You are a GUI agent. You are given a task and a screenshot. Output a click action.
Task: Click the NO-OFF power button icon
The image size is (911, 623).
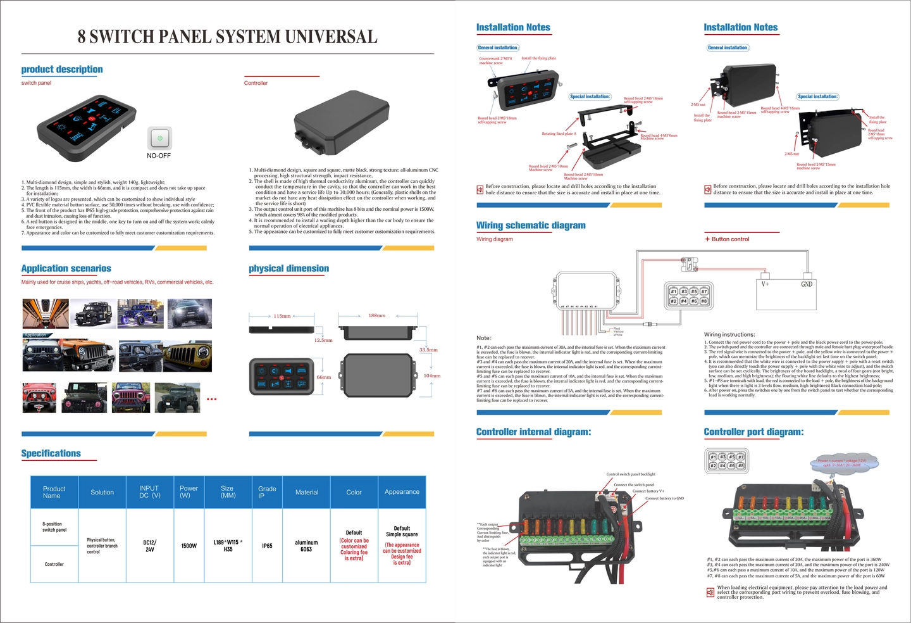tap(159, 137)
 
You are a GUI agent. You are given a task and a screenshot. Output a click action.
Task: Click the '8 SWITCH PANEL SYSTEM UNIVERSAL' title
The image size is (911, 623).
tap(227, 37)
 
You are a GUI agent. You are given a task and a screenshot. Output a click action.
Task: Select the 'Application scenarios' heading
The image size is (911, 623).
tap(66, 268)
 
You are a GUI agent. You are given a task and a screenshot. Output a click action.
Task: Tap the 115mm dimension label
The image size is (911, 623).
tap(282, 316)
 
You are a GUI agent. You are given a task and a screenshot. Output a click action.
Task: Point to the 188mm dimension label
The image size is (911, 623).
tap(377, 315)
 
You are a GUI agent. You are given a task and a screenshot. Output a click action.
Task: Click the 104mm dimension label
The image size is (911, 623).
tap(432, 376)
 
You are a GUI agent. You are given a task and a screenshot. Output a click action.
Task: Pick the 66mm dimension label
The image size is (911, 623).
tap(324, 377)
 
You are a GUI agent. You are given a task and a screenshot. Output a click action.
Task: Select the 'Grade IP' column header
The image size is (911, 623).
tap(267, 492)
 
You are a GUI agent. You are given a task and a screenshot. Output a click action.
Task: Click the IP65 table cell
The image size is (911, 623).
tap(267, 546)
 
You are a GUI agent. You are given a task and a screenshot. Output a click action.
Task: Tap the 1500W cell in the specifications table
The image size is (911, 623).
tap(189, 546)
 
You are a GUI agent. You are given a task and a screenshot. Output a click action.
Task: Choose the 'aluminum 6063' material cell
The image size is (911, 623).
tap(306, 546)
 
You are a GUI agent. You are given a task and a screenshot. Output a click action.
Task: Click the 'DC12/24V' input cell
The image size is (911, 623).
tap(149, 546)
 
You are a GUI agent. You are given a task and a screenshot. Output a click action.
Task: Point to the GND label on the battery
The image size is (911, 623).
tap(807, 284)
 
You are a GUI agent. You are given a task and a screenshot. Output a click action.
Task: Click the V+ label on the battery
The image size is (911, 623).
tap(765, 284)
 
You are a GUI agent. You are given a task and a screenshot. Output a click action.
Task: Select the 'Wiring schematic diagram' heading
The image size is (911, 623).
tap(531, 225)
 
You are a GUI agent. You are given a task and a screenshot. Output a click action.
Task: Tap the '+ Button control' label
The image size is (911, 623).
tap(727, 239)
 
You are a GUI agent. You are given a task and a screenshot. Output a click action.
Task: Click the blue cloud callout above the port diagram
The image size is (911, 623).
tap(845, 463)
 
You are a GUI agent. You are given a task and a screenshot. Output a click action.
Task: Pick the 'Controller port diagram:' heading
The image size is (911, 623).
tap(753, 432)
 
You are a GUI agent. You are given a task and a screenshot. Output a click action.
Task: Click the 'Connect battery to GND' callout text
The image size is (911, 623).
tap(664, 498)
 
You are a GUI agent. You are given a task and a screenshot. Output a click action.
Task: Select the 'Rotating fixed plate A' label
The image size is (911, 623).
tap(559, 134)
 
